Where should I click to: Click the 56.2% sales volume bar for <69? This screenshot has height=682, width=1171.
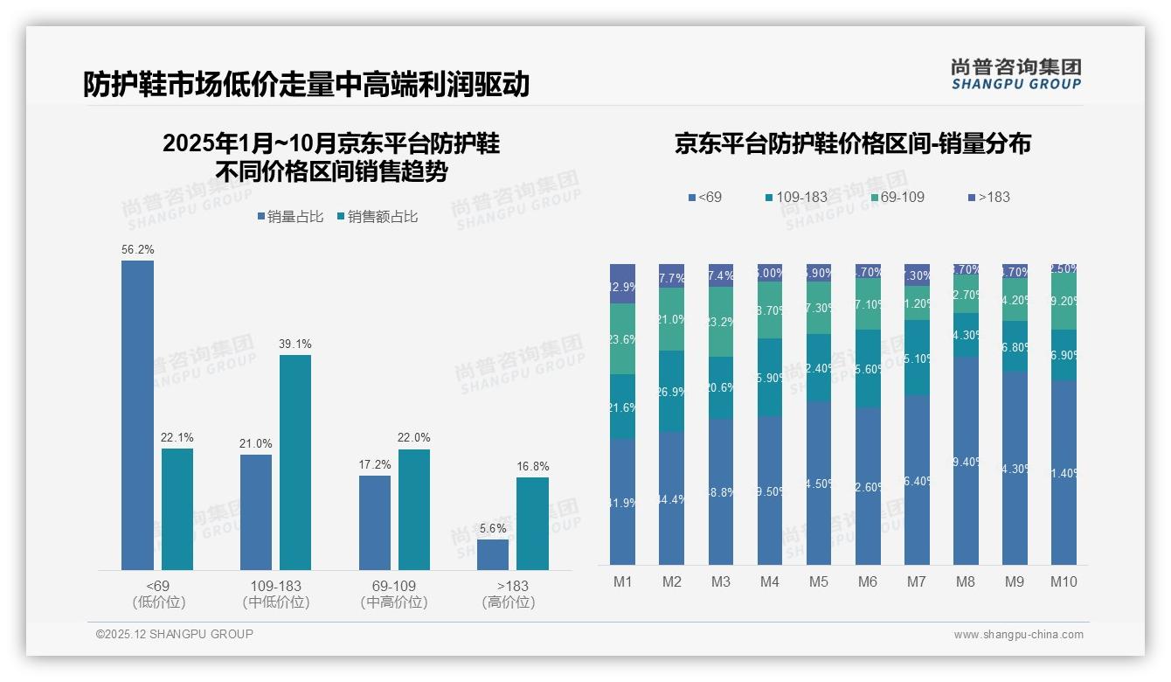point(137,415)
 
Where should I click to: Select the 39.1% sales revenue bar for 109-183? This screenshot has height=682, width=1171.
point(295,463)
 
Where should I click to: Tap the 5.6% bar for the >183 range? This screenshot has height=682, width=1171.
point(493,554)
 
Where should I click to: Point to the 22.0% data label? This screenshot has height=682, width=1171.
point(414,438)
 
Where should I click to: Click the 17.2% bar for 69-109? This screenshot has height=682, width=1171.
point(375,523)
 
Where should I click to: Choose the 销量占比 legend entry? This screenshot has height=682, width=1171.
point(292,217)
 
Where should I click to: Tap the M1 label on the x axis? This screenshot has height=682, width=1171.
point(622,581)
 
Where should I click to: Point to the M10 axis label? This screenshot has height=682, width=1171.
point(1063,581)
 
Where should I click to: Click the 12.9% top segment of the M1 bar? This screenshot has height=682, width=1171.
point(622,284)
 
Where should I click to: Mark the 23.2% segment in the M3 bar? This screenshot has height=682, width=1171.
point(721,322)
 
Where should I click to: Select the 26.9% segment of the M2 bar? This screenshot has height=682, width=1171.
point(671,392)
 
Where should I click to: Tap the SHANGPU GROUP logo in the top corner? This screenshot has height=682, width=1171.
point(1015,73)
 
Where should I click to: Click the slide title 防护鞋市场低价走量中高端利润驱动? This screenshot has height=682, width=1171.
point(306,85)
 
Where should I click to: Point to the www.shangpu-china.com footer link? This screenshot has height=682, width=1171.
point(1018,635)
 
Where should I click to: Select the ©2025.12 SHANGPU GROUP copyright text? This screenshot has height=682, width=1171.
point(175,634)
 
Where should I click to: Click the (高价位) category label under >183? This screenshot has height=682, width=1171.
point(508,602)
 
